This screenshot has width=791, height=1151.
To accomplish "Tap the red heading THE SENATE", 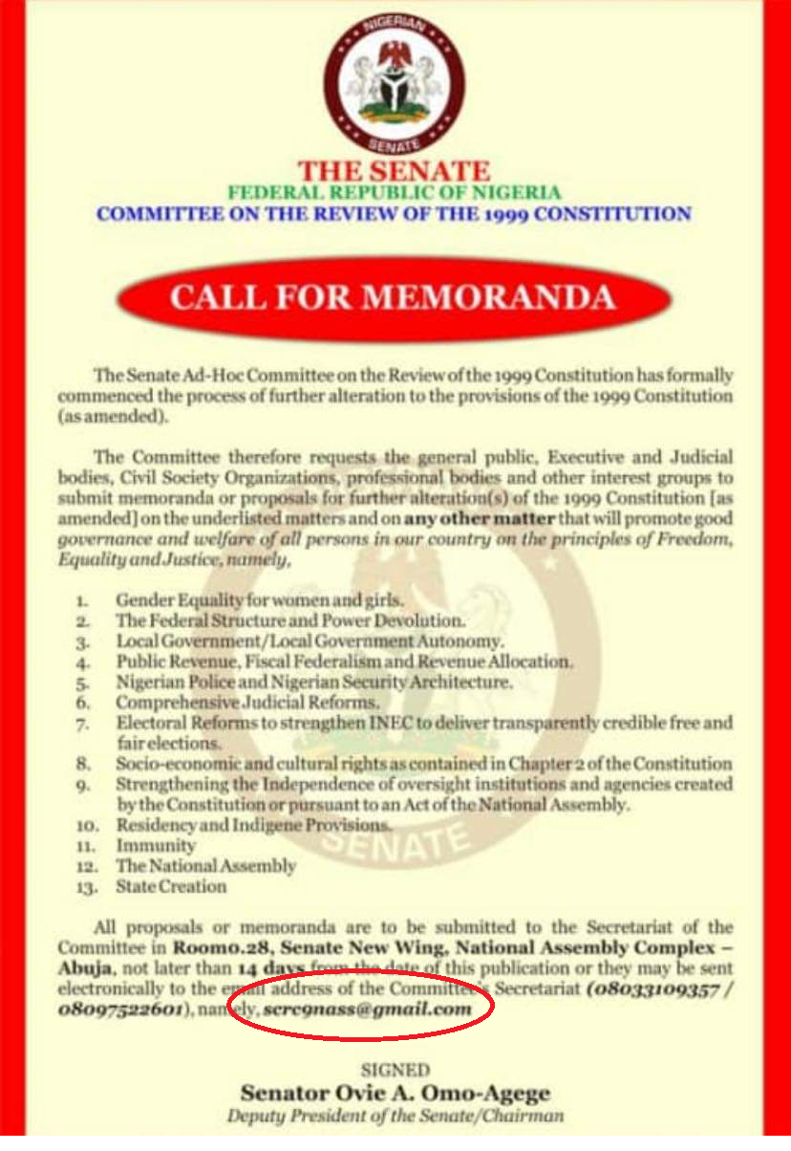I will coord(395,172).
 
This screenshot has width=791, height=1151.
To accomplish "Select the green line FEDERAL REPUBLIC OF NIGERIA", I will coord(394,193).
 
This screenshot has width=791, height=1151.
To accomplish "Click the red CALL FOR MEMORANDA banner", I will coord(394,297).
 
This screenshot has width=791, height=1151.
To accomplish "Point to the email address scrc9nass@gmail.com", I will coord(368,1009).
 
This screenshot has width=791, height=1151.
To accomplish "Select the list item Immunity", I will coord(156,845).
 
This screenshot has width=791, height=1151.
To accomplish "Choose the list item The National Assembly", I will coord(205,866).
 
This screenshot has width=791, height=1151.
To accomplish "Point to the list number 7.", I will coord(84,724).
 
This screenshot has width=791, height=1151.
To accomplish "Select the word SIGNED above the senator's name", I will coord(395,1070).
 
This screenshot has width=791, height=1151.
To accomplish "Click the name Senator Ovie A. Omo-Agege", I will coord(395,1093).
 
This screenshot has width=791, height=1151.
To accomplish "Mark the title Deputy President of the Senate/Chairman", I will coord(395,1116).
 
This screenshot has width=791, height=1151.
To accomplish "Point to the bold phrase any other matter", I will coord(461,519).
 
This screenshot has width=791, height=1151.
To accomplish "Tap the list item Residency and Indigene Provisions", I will coord(253,824).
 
